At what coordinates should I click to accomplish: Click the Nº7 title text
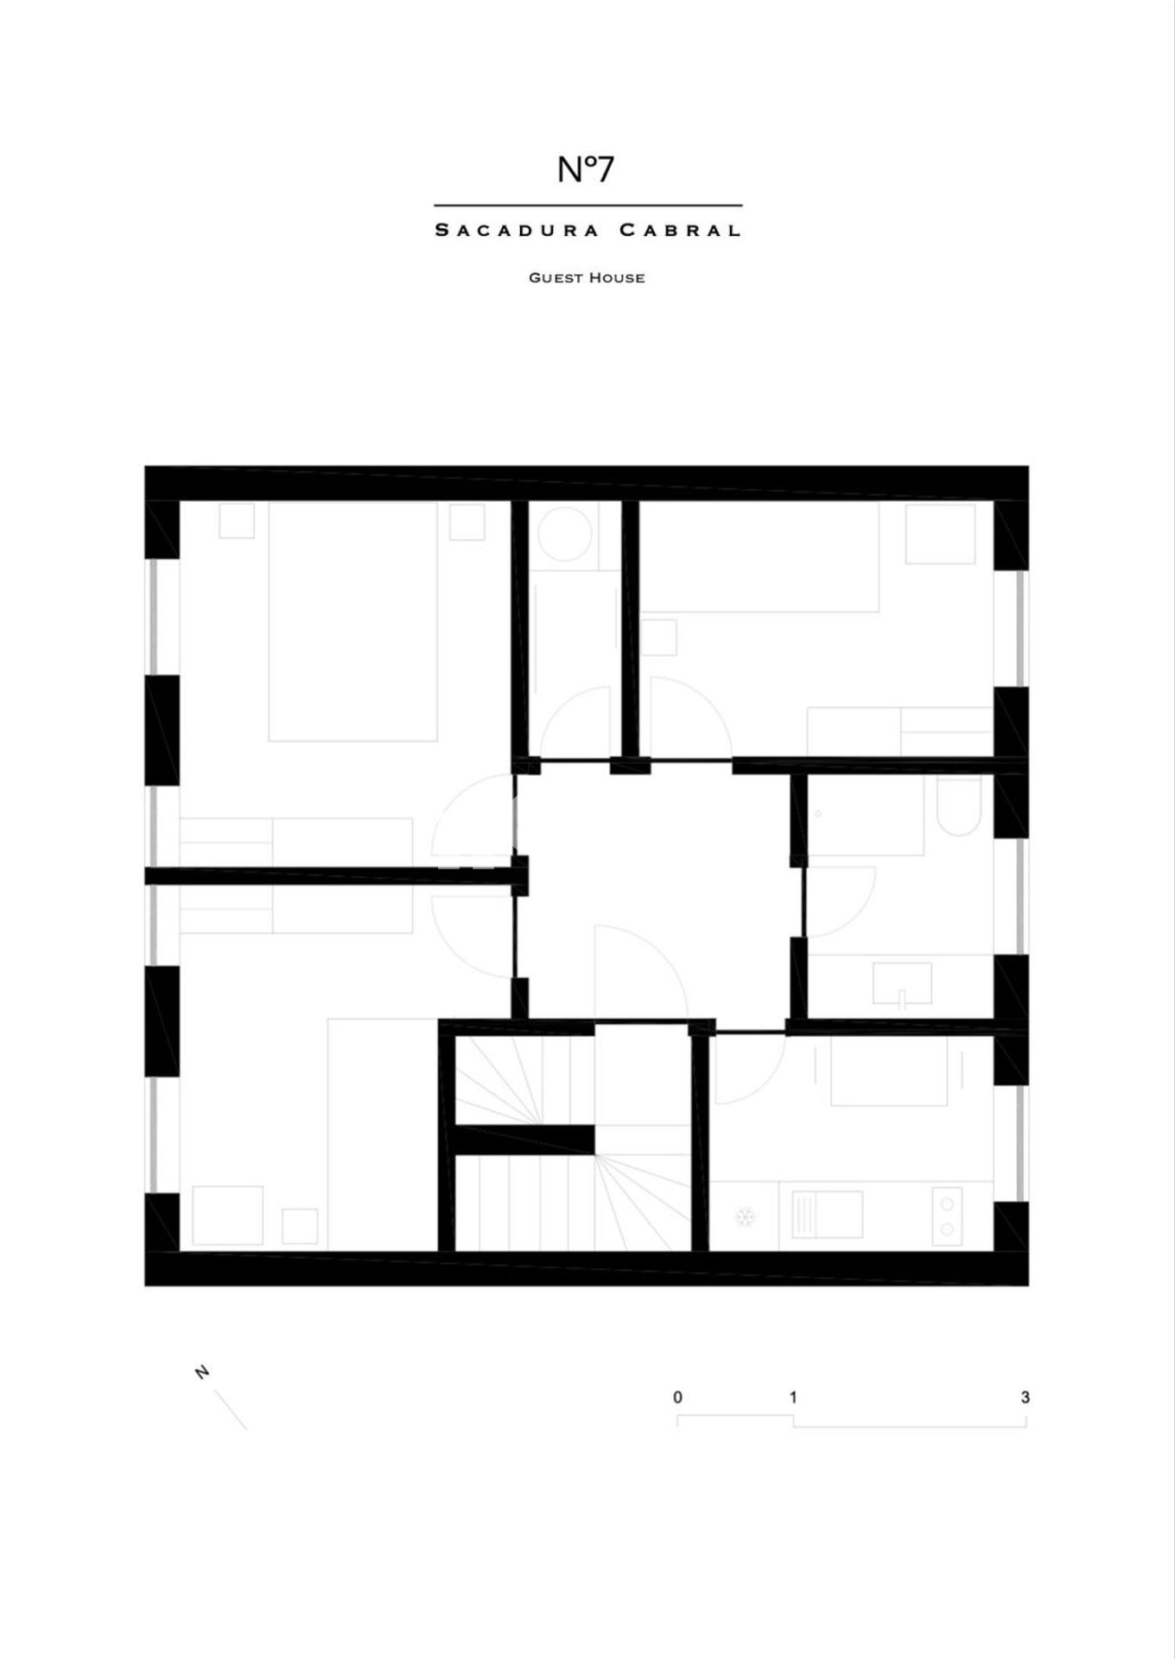pyautogui.click(x=586, y=169)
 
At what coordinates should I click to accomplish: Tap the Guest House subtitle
pyautogui.click(x=587, y=277)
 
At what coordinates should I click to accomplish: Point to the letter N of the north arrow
pyautogui.click(x=202, y=1372)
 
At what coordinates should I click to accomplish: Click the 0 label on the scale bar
pyautogui.click(x=677, y=1397)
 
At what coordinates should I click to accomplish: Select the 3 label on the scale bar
pyautogui.click(x=1025, y=1397)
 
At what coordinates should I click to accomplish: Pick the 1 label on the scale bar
pyautogui.click(x=793, y=1397)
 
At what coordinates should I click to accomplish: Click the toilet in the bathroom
pyautogui.click(x=959, y=805)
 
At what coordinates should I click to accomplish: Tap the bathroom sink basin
pyautogui.click(x=902, y=983)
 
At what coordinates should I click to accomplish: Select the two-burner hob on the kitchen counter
pyautogui.click(x=948, y=1217)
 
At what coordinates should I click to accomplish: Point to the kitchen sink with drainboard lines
pyautogui.click(x=821, y=1214)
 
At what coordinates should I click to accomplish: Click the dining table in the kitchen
pyautogui.click(x=889, y=1071)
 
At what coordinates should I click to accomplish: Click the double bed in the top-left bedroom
pyautogui.click(x=352, y=621)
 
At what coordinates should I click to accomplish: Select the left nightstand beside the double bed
pyautogui.click(x=236, y=521)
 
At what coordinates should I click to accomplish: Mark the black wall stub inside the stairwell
pyautogui.click(x=524, y=1140)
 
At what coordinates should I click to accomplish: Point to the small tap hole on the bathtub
pyautogui.click(x=817, y=813)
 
